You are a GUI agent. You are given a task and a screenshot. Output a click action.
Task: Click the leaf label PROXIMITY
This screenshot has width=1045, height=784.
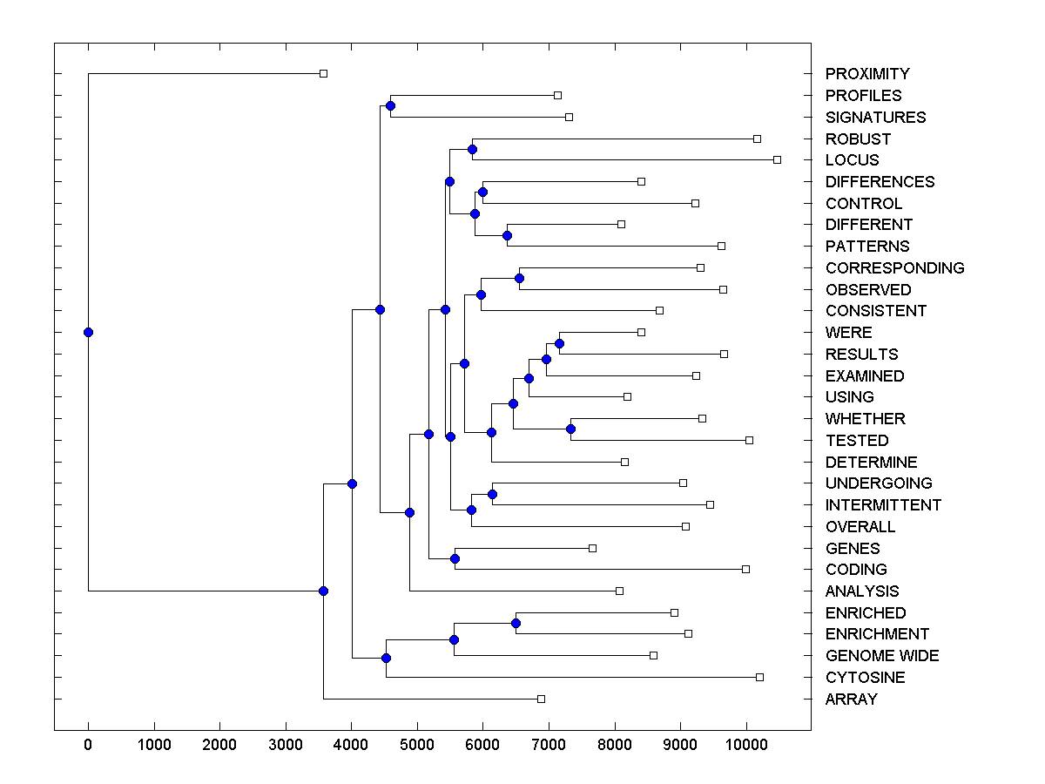point(867,74)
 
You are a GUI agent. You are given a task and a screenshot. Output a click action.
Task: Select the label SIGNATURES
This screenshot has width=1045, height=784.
point(875,117)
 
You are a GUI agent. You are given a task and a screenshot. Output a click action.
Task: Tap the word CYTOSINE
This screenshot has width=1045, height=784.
point(865,678)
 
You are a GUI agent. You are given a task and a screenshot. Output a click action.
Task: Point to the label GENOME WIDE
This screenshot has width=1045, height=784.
point(882,656)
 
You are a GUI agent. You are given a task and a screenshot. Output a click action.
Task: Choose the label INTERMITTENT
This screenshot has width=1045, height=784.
point(883,505)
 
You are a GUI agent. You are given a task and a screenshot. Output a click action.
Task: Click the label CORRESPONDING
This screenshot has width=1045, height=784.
point(894,268)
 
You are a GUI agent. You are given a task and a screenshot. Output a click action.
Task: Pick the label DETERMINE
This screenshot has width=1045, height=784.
point(871,463)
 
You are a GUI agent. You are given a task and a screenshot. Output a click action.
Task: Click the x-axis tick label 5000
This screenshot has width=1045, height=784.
point(417,745)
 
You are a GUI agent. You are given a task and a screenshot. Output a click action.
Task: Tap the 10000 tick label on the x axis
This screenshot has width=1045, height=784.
point(745,745)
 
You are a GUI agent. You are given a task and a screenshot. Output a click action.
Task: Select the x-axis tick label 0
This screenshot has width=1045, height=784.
point(88,745)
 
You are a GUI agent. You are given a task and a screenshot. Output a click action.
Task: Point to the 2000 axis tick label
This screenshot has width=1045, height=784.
point(219,745)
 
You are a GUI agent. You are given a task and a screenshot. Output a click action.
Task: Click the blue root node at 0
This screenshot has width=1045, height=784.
point(88,332)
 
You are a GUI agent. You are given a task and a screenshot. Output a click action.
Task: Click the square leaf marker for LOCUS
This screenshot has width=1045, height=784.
point(777,159)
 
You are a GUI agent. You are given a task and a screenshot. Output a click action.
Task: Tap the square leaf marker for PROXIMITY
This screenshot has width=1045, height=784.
point(323,73)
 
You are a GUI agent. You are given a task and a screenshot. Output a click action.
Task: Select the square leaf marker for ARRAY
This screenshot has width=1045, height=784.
point(541,699)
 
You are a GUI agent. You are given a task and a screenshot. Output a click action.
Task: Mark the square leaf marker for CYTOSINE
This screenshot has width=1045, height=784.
point(759,677)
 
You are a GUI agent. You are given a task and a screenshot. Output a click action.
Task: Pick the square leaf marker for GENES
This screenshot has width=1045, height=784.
point(592,548)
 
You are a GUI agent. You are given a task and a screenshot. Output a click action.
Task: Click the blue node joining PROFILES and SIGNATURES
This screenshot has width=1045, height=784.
point(390,106)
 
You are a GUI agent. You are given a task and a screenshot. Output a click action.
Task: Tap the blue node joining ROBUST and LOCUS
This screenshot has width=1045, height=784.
point(472,149)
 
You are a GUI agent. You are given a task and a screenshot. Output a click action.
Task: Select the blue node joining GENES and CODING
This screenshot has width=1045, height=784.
point(455,558)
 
